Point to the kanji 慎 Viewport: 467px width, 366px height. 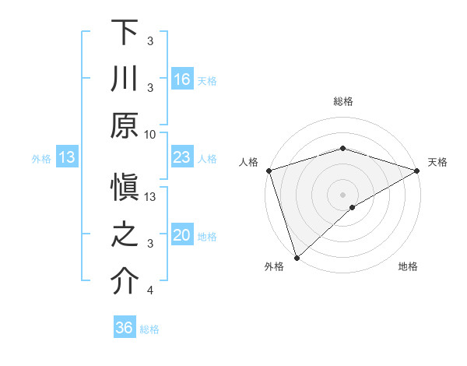(x=125, y=191)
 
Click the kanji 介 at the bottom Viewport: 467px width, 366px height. (x=125, y=281)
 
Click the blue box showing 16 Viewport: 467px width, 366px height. (x=182, y=79)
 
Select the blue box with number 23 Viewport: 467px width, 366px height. (x=182, y=157)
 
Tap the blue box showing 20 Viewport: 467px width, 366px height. (x=182, y=236)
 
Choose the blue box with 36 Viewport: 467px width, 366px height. (x=125, y=328)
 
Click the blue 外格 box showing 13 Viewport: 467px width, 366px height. (x=67, y=158)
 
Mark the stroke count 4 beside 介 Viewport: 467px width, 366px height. (x=150, y=291)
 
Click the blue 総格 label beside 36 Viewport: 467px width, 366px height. (x=149, y=329)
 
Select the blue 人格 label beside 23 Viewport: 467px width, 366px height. (x=207, y=158)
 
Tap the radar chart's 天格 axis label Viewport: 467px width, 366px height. (x=437, y=162)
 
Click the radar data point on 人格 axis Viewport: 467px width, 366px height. (x=269, y=171)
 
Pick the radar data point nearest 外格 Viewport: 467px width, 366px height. (x=297, y=256)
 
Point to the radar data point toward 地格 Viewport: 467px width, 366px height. (x=353, y=207)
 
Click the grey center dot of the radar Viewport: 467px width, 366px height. (x=342, y=193)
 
